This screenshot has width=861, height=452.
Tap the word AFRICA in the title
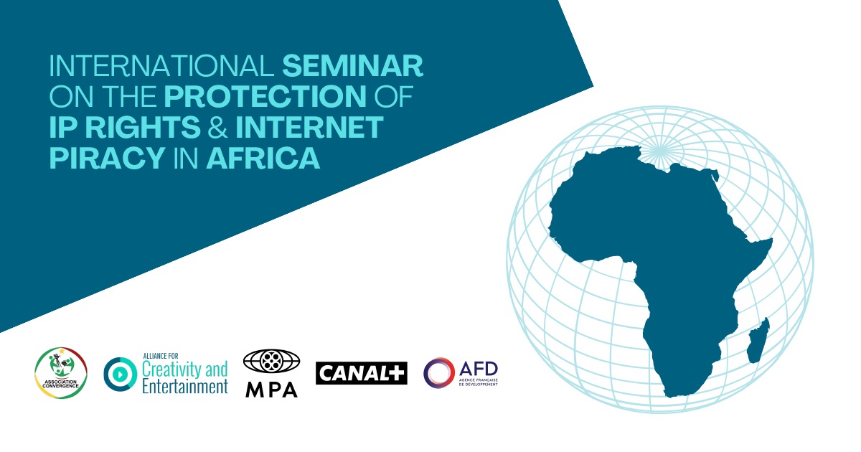[263, 158]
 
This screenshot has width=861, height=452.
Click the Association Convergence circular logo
[61, 373]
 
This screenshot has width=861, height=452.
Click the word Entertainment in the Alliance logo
[184, 387]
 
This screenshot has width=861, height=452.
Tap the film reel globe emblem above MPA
[271, 361]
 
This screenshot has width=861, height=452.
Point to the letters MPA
[271, 389]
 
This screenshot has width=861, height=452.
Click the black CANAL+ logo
[361, 373]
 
